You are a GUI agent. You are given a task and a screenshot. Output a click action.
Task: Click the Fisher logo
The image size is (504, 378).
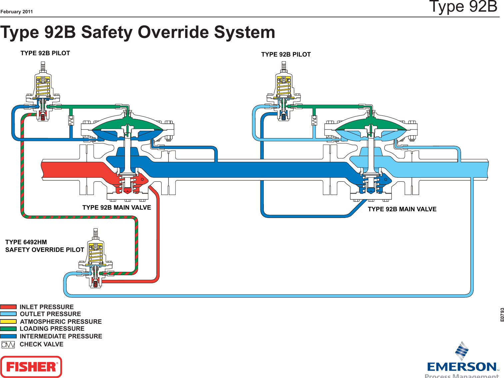point(31,367)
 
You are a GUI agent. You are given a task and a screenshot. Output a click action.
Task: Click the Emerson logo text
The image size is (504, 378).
point(462,367)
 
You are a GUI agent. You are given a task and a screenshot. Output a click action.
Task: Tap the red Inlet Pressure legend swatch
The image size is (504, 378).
point(8,307)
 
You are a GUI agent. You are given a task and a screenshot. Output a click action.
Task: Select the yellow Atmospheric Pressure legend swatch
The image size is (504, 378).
point(8,321)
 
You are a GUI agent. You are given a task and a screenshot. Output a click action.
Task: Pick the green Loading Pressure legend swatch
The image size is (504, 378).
point(8,329)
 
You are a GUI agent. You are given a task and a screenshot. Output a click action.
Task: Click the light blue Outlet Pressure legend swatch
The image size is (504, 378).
point(8,314)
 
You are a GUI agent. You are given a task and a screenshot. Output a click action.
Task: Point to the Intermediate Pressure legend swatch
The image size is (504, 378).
point(8,336)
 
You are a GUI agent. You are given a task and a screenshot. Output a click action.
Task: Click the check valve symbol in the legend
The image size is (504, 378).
point(8,344)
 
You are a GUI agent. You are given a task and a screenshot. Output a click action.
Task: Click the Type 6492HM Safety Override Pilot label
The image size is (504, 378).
point(44,246)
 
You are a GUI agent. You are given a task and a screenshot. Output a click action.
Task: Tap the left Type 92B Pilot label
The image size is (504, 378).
point(45,53)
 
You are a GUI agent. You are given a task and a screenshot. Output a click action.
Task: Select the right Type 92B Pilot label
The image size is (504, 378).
point(286,55)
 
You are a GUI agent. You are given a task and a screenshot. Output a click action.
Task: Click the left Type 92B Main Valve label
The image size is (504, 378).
point(117,208)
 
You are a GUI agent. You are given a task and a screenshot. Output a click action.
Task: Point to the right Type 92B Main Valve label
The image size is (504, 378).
point(402,209)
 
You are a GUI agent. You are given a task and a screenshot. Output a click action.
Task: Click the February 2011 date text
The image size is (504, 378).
point(17,12)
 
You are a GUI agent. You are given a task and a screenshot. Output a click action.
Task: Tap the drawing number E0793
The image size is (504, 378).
point(502,314)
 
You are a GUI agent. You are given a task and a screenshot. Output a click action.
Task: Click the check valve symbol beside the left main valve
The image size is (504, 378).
point(71,120)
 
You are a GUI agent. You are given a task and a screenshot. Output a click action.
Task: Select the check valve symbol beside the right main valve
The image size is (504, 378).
point(314,120)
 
